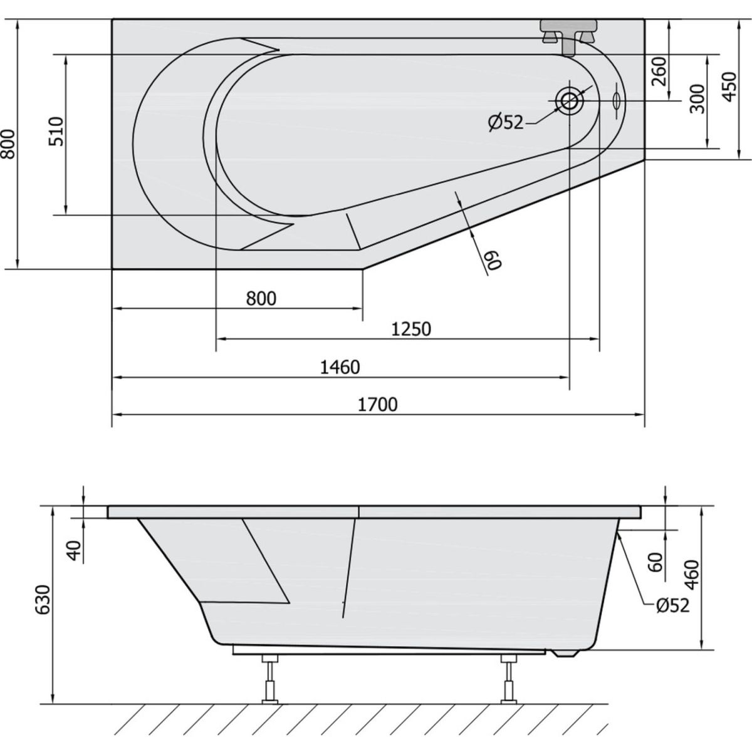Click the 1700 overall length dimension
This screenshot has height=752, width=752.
378,405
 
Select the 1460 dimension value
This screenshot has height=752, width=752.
340,368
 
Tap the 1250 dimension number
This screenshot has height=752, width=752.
411,330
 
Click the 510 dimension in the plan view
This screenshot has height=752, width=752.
56,132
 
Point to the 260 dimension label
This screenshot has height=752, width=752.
659,71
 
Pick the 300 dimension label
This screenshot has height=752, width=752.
697,99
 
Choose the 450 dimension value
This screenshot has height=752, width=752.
729,86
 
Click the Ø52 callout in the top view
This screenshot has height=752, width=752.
505,123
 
